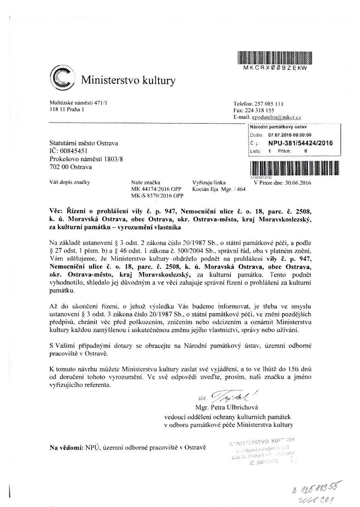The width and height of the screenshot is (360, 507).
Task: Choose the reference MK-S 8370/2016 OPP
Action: coord(158,196)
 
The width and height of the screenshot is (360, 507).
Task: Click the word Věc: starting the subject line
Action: coord(58,211)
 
